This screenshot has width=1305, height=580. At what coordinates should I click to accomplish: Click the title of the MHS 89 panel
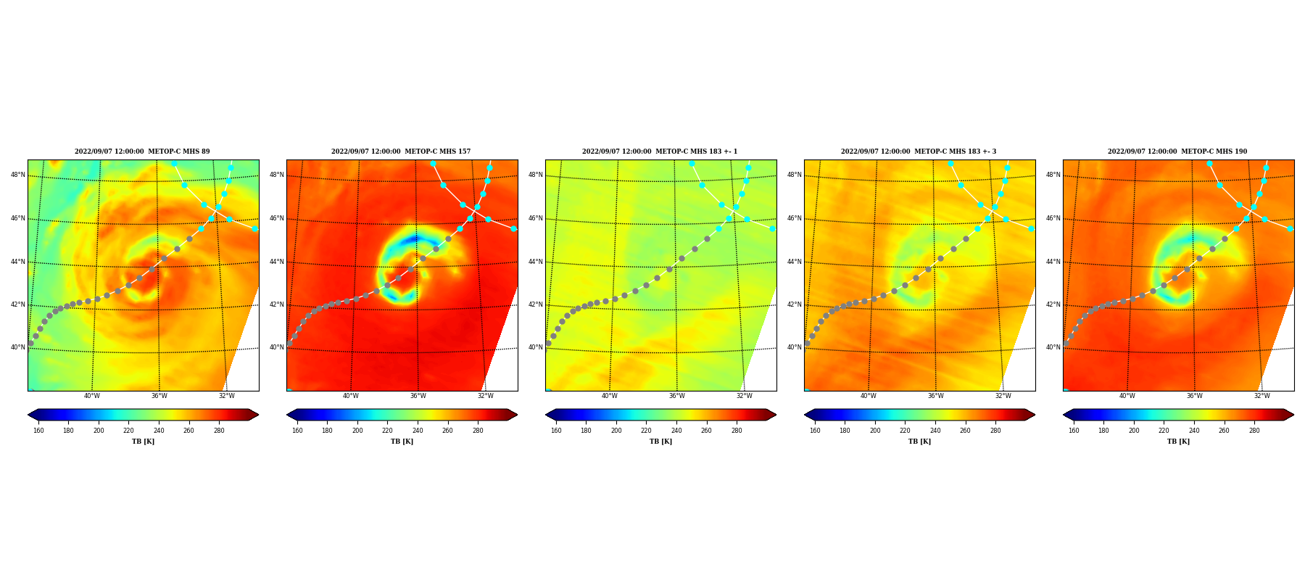[142, 152]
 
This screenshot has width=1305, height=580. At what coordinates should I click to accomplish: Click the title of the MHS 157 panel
[401, 152]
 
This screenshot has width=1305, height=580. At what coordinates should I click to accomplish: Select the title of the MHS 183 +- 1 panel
[660, 152]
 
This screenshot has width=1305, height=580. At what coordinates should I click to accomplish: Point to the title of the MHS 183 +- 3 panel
[919, 152]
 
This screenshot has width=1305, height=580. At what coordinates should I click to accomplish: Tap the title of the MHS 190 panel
[1177, 152]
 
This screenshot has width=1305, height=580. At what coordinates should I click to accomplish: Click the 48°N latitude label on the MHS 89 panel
[18, 175]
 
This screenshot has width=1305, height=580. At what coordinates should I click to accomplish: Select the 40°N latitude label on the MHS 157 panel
[277, 347]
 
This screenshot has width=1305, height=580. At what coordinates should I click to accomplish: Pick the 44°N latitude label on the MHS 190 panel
[1053, 262]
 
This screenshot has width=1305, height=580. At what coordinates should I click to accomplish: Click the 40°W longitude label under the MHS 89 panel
[92, 396]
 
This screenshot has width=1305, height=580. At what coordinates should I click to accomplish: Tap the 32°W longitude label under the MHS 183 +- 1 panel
[745, 396]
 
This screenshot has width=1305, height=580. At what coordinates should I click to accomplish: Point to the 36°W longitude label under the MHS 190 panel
[1195, 396]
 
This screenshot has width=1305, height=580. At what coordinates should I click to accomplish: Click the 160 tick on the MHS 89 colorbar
[38, 431]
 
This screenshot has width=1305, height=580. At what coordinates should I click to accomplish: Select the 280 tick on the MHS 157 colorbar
[478, 431]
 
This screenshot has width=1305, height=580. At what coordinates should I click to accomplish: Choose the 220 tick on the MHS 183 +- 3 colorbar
[905, 431]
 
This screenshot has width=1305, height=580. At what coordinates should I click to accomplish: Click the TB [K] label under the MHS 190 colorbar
[1178, 442]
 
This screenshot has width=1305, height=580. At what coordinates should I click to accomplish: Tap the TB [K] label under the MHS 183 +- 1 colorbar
[660, 442]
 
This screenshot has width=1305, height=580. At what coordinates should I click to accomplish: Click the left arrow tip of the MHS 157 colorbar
[287, 415]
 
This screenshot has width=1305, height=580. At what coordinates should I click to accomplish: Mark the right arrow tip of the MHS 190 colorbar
[1293, 415]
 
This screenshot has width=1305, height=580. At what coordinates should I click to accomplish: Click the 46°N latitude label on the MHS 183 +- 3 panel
[795, 218]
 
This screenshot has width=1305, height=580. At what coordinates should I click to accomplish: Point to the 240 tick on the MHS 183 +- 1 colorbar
[676, 431]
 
